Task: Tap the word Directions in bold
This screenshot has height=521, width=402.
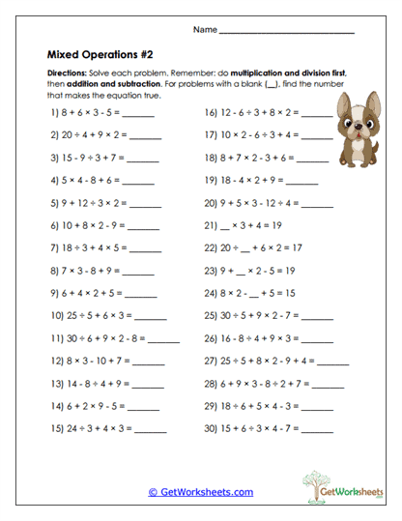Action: (x=71, y=74)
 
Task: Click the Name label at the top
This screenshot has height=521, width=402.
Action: (x=204, y=30)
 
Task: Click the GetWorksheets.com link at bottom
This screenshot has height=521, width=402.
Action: (x=200, y=491)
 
